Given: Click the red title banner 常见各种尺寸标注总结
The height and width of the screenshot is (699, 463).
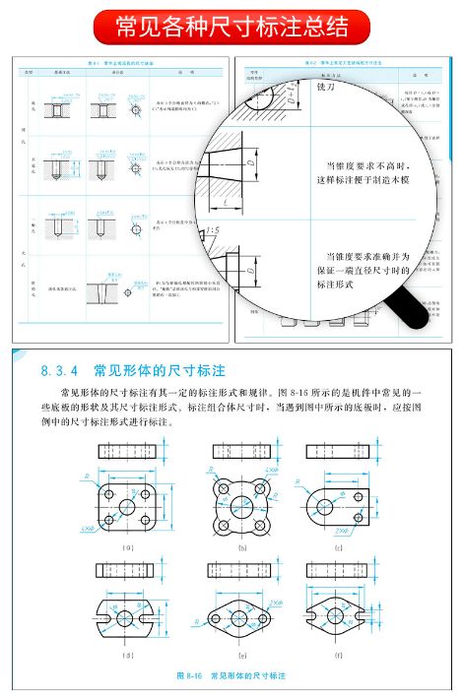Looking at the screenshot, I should point(231,24).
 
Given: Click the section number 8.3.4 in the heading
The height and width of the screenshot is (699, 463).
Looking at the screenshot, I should point(62,372).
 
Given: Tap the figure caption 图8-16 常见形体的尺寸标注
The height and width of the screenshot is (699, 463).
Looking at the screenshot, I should point(231,676).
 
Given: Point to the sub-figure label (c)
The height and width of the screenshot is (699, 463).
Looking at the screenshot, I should point(339,544).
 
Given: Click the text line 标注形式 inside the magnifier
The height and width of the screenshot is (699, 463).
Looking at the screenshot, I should point(335,284).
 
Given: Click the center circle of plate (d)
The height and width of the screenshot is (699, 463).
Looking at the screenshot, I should point(125,617).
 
